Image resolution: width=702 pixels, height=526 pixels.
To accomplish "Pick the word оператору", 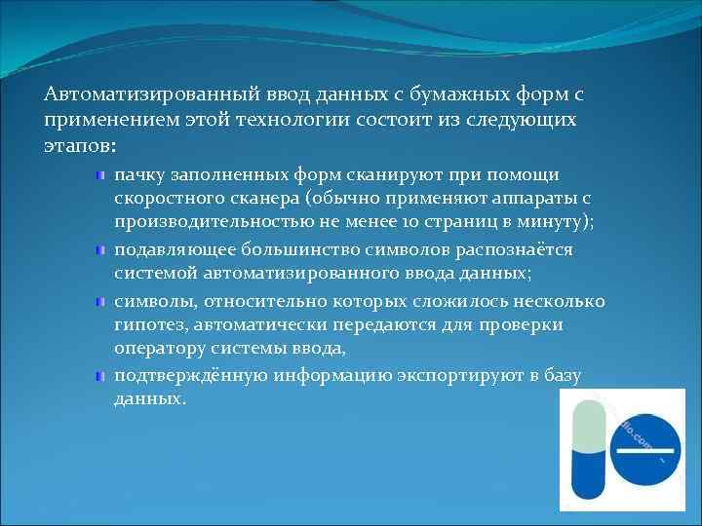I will coord(157,350).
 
